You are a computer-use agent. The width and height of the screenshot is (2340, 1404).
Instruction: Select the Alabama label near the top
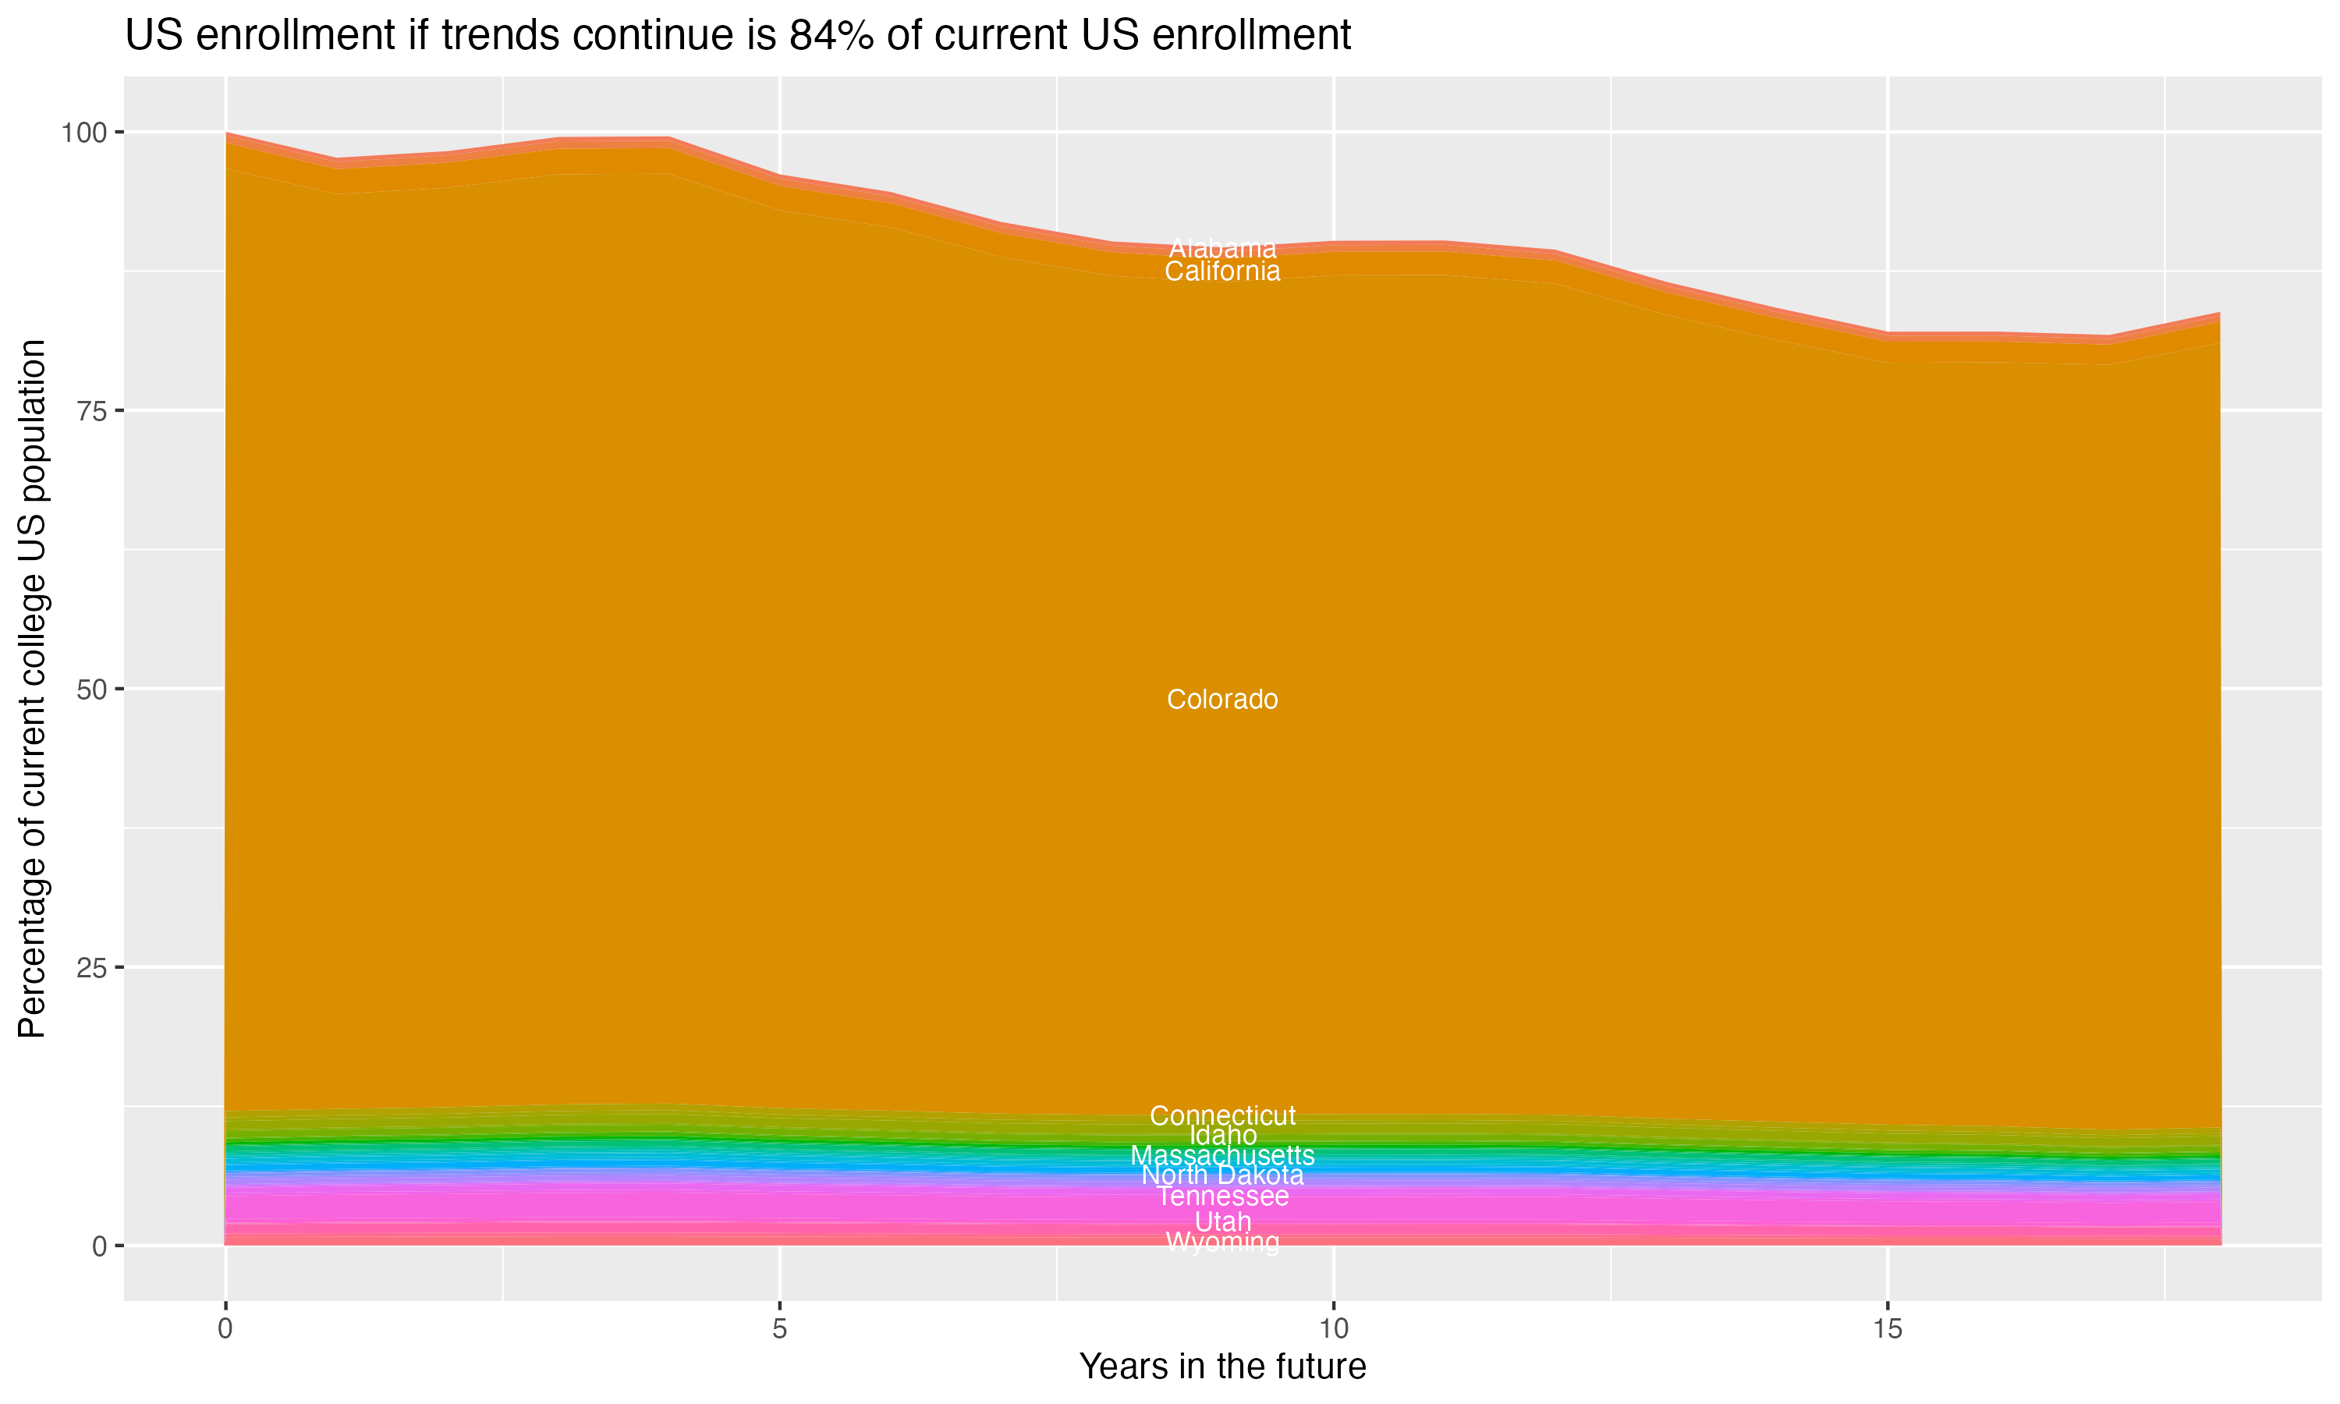pyautogui.click(x=1222, y=249)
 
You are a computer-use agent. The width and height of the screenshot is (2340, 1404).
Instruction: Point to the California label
pyautogui.click(x=1222, y=271)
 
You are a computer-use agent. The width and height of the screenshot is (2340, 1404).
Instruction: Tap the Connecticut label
pyautogui.click(x=1222, y=1115)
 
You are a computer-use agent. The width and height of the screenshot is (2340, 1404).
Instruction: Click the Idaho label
pyautogui.click(x=1222, y=1136)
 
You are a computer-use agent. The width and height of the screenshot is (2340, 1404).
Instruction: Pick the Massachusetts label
pyautogui.click(x=1222, y=1155)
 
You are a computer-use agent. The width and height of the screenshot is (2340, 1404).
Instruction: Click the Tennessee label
pyautogui.click(x=1222, y=1196)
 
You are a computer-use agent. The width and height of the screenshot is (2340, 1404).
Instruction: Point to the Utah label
pyautogui.click(x=1222, y=1221)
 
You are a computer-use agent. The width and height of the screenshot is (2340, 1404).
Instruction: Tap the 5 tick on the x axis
pyautogui.click(x=779, y=1329)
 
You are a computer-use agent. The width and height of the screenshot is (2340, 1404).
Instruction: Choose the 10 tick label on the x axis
pyautogui.click(x=1333, y=1329)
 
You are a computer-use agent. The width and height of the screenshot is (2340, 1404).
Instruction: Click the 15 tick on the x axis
pyautogui.click(x=1887, y=1329)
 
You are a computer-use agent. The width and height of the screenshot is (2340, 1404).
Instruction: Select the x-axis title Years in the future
pyautogui.click(x=1222, y=1367)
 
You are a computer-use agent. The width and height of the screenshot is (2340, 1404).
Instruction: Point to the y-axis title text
pyautogui.click(x=33, y=689)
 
